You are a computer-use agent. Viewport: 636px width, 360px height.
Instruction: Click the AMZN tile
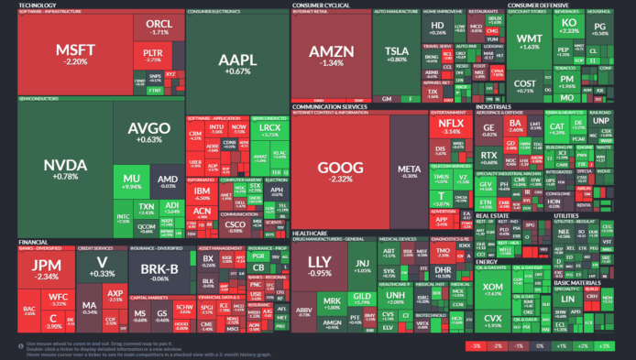tap(329, 54)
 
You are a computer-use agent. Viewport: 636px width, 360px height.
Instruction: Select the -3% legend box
tap(475, 346)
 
